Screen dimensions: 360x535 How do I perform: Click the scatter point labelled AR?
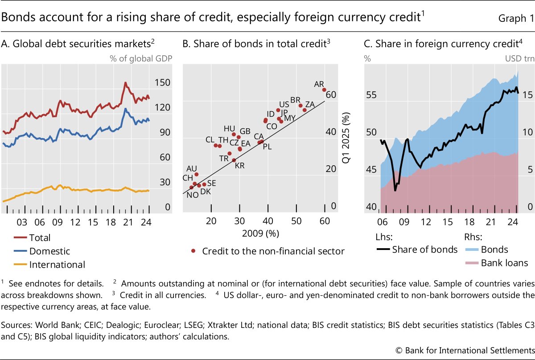pos(324,90)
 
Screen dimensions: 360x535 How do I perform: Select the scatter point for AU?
pos(197,175)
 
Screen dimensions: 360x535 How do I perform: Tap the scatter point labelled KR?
pos(234,160)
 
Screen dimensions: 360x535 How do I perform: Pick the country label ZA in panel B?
pos(310,104)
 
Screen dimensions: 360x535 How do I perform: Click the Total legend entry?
pos(40,238)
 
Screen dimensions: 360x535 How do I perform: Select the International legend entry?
pos(57,265)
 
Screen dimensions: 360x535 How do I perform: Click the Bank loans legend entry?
pos(504,263)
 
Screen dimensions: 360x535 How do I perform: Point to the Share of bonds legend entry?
pos(424,250)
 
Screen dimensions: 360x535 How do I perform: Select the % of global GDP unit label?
pos(141,58)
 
